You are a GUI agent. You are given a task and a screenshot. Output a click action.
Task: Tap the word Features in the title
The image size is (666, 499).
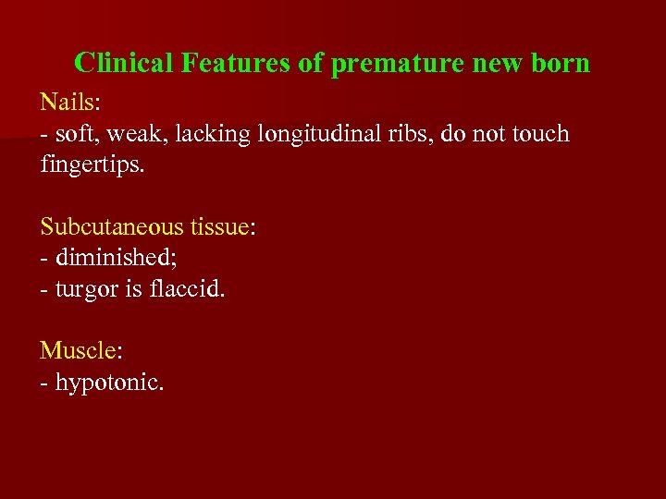tap(236, 63)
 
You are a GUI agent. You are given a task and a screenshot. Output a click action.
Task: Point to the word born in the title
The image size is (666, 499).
tap(559, 63)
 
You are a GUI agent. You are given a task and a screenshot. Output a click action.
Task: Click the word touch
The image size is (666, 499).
tap(536, 134)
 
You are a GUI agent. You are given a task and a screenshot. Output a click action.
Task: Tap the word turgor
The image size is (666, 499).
tap(87, 290)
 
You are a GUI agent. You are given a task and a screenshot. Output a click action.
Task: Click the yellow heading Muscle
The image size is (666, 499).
tap(78, 350)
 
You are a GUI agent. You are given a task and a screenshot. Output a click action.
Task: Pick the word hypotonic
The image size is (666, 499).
tap(108, 383)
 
